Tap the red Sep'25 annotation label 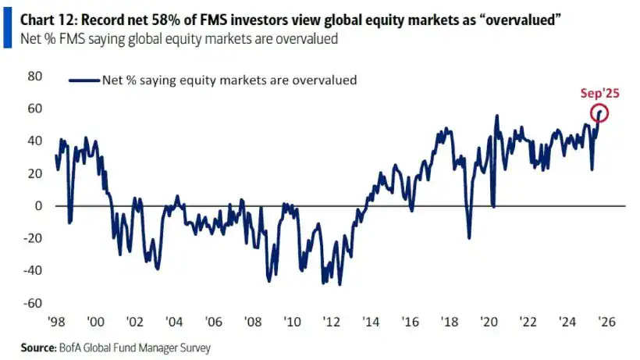(599, 93)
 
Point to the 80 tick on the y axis (34, 77)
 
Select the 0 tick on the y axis (37, 206)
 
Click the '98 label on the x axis (55, 321)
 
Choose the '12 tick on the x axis (331, 321)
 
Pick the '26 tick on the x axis (608, 321)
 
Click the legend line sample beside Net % (84, 80)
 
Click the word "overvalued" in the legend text (328, 80)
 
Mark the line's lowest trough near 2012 (339, 284)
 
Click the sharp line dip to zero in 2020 (493, 206)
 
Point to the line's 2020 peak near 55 (497, 116)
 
